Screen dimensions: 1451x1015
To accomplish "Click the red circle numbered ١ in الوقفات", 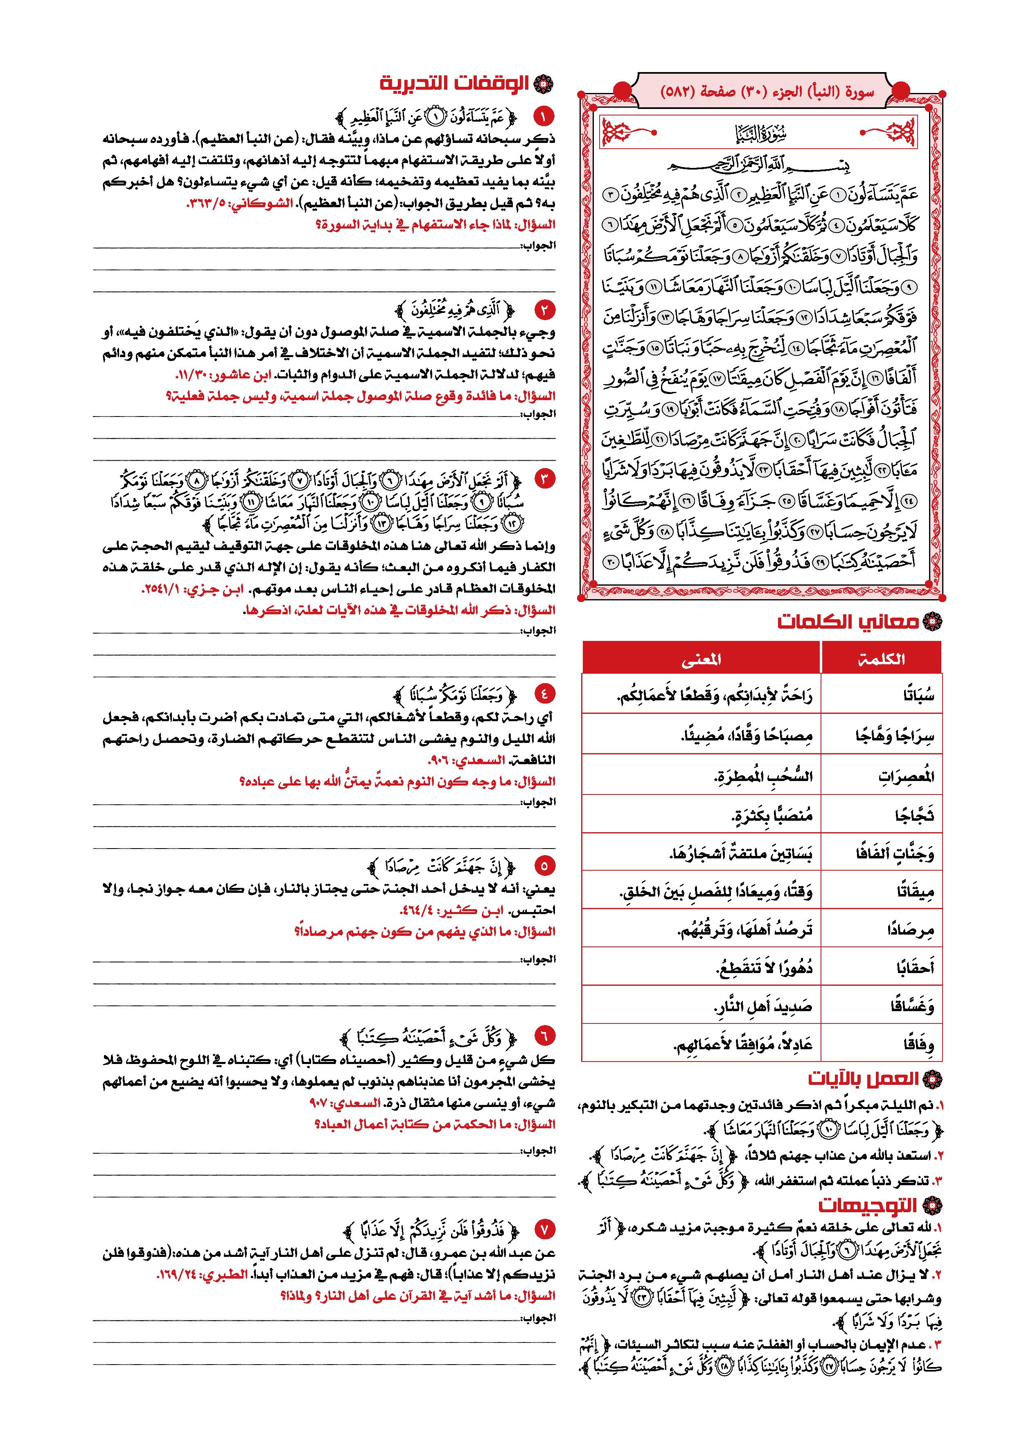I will [543, 116].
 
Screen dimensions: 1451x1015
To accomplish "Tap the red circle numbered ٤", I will [543, 693].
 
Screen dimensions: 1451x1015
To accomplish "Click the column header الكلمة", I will [882, 659].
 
